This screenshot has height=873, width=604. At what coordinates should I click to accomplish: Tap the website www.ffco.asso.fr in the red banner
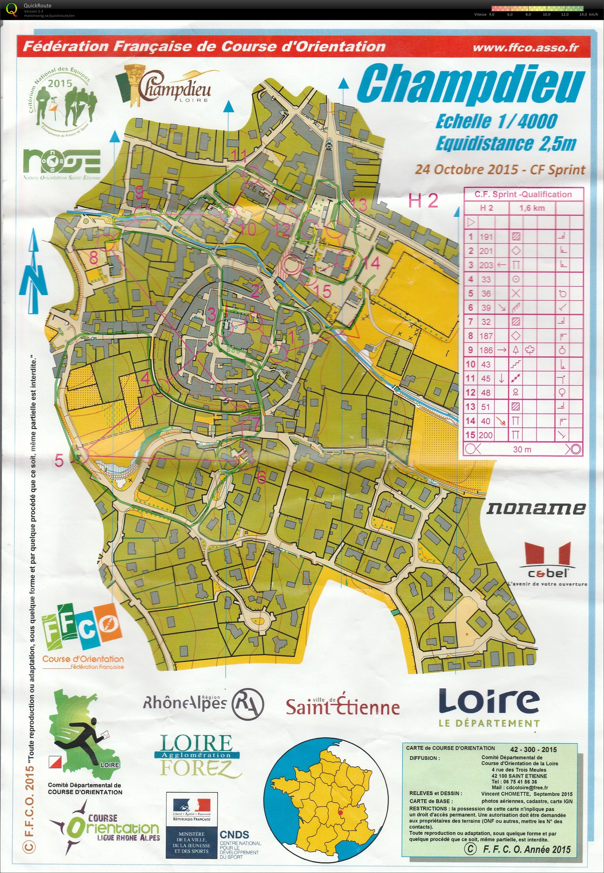click(526, 48)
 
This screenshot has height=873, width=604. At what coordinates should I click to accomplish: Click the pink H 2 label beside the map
click(423, 200)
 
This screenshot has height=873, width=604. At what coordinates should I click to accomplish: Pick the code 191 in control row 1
click(486, 237)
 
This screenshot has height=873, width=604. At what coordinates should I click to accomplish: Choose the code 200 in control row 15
click(486, 435)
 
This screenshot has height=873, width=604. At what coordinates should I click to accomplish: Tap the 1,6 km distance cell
click(532, 208)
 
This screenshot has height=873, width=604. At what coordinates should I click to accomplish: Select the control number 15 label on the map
click(322, 292)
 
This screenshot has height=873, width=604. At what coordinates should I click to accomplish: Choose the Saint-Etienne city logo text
click(342, 706)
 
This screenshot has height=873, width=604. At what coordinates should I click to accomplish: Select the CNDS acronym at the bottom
click(235, 835)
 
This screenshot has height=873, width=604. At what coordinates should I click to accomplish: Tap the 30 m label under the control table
click(522, 450)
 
